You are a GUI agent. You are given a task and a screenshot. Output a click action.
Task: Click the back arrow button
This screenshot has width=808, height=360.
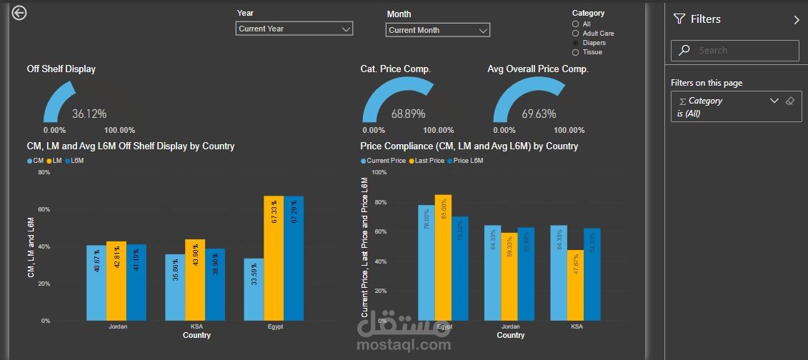pyautogui.click(x=19, y=13)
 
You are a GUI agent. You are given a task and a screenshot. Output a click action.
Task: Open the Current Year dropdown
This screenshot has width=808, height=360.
pyautogui.click(x=294, y=29)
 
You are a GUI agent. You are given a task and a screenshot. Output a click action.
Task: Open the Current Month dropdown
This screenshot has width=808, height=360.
pyautogui.click(x=438, y=30)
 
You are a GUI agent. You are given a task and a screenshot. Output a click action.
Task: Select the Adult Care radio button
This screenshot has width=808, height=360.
pyautogui.click(x=576, y=34)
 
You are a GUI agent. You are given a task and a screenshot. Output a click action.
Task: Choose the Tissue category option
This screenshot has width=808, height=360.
pyautogui.click(x=576, y=52)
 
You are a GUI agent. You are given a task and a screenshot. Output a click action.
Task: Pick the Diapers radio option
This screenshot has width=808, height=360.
pyautogui.click(x=576, y=43)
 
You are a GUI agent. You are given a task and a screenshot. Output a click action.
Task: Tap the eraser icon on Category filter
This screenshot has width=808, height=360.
pyautogui.click(x=789, y=101)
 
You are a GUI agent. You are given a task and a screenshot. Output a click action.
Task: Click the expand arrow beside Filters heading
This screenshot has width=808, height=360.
pyautogui.click(x=797, y=20)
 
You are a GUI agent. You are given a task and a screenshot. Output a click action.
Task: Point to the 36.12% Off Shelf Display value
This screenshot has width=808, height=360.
pyautogui.click(x=89, y=114)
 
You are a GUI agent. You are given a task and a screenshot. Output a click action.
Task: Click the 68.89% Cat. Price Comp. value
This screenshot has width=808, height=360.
pyautogui.click(x=408, y=114)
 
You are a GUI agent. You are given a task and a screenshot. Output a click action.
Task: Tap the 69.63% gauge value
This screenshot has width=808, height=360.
pyautogui.click(x=539, y=114)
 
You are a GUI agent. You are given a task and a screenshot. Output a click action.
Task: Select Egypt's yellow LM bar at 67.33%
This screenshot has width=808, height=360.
pyautogui.click(x=274, y=258)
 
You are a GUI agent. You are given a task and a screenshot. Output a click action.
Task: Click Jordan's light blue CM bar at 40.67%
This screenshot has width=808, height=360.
pyautogui.click(x=96, y=283)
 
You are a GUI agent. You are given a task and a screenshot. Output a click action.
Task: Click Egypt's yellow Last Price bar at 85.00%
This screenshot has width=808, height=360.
pyautogui.click(x=443, y=258)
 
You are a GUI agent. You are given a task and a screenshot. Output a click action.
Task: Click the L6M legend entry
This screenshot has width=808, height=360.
pyautogui.click(x=74, y=161)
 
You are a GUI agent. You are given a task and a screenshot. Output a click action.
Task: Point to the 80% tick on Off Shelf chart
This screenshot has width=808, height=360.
pyautogui.click(x=44, y=173)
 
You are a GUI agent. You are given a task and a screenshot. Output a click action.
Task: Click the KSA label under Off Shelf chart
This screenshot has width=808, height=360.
pyautogui.click(x=196, y=326)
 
